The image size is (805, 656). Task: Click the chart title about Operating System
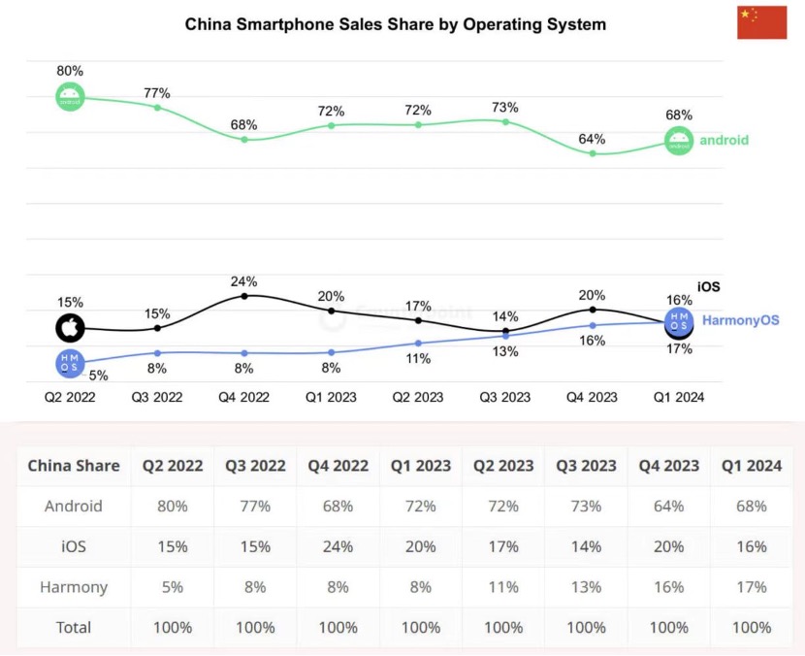pos(396,24)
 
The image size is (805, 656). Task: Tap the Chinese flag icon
pos(761,21)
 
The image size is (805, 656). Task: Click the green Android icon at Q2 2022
pos(70,97)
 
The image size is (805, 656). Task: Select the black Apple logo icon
pos(69,327)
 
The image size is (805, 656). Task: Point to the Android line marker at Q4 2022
pos(244,140)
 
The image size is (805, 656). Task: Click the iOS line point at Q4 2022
pos(244,295)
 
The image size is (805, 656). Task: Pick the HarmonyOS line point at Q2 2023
pos(418,344)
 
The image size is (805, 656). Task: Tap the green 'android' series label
pos(724,140)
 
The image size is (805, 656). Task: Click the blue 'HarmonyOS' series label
pos(740,319)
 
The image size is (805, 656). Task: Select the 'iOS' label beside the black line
pos(709,286)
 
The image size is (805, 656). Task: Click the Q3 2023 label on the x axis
pos(504,397)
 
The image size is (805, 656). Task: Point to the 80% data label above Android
pos(70,71)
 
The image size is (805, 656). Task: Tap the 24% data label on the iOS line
pos(244,281)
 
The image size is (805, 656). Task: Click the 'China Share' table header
pos(74,465)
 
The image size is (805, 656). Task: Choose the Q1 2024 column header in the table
pos(751,465)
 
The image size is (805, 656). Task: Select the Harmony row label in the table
pos(74,586)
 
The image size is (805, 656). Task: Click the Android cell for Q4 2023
pos(668,506)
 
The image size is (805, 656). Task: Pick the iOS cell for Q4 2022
pos(338,546)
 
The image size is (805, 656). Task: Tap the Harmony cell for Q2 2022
pos(173,586)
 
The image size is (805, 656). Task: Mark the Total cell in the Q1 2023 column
pos(421,627)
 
